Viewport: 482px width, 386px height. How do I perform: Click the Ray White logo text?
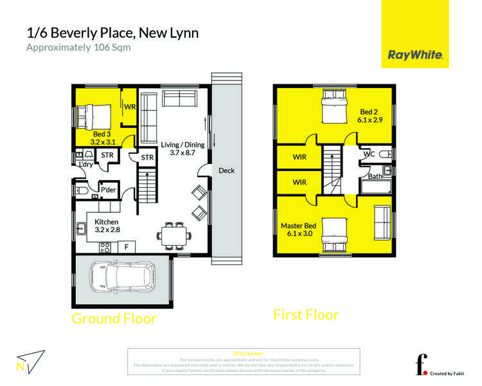click(415, 55)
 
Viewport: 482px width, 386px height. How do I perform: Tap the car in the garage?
click(122, 277)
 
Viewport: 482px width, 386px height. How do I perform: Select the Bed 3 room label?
click(103, 138)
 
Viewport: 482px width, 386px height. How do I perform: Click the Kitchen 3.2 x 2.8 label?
click(107, 225)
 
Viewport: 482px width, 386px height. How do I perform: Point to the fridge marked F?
click(127, 246)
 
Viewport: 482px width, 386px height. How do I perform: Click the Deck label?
click(226, 170)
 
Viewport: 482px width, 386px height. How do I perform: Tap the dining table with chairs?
click(174, 235)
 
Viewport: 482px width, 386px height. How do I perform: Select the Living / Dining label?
click(183, 149)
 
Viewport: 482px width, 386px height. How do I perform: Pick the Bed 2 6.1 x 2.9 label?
click(370, 115)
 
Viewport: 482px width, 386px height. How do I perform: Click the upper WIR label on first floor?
click(299, 156)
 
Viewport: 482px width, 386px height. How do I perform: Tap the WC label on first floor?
click(369, 154)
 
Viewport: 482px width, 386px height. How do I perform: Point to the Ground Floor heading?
click(114, 318)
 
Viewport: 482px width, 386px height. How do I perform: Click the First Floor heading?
click(306, 315)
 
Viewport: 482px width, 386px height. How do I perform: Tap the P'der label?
click(108, 190)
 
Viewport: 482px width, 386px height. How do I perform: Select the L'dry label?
click(85, 165)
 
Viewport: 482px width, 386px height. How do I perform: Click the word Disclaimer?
click(249, 353)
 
